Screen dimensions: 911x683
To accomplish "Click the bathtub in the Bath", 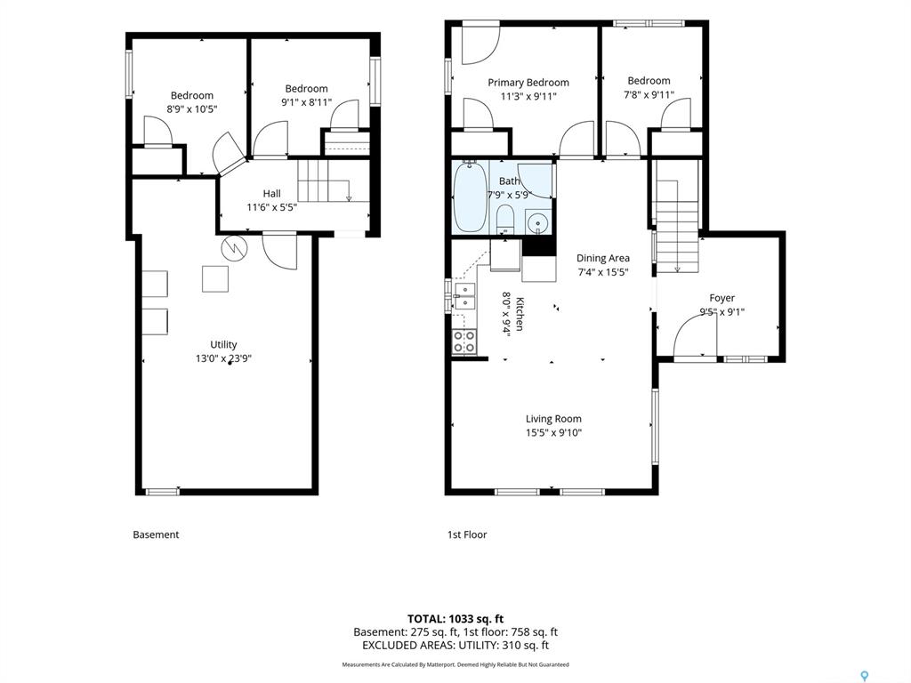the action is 470,197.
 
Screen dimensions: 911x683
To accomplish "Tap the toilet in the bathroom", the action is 505,219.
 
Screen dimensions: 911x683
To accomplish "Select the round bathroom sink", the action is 538,221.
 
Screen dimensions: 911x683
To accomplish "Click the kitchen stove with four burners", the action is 464,341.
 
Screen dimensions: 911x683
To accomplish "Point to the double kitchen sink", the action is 464,297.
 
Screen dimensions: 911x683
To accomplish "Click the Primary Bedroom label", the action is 528,83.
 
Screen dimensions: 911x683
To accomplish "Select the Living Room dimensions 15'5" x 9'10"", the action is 553,432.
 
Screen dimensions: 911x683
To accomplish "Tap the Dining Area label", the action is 602,258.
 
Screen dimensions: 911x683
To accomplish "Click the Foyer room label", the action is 722,298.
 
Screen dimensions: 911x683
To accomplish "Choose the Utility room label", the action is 223,344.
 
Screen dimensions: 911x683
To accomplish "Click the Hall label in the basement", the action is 271,193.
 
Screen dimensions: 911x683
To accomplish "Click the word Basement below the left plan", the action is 156,534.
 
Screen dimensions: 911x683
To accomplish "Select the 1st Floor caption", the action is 466,534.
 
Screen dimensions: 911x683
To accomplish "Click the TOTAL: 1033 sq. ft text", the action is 455,619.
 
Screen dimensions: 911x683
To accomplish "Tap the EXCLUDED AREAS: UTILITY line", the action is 455,645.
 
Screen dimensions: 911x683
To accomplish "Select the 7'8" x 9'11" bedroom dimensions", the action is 649,94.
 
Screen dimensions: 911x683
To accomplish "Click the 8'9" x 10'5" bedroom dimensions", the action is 192,109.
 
